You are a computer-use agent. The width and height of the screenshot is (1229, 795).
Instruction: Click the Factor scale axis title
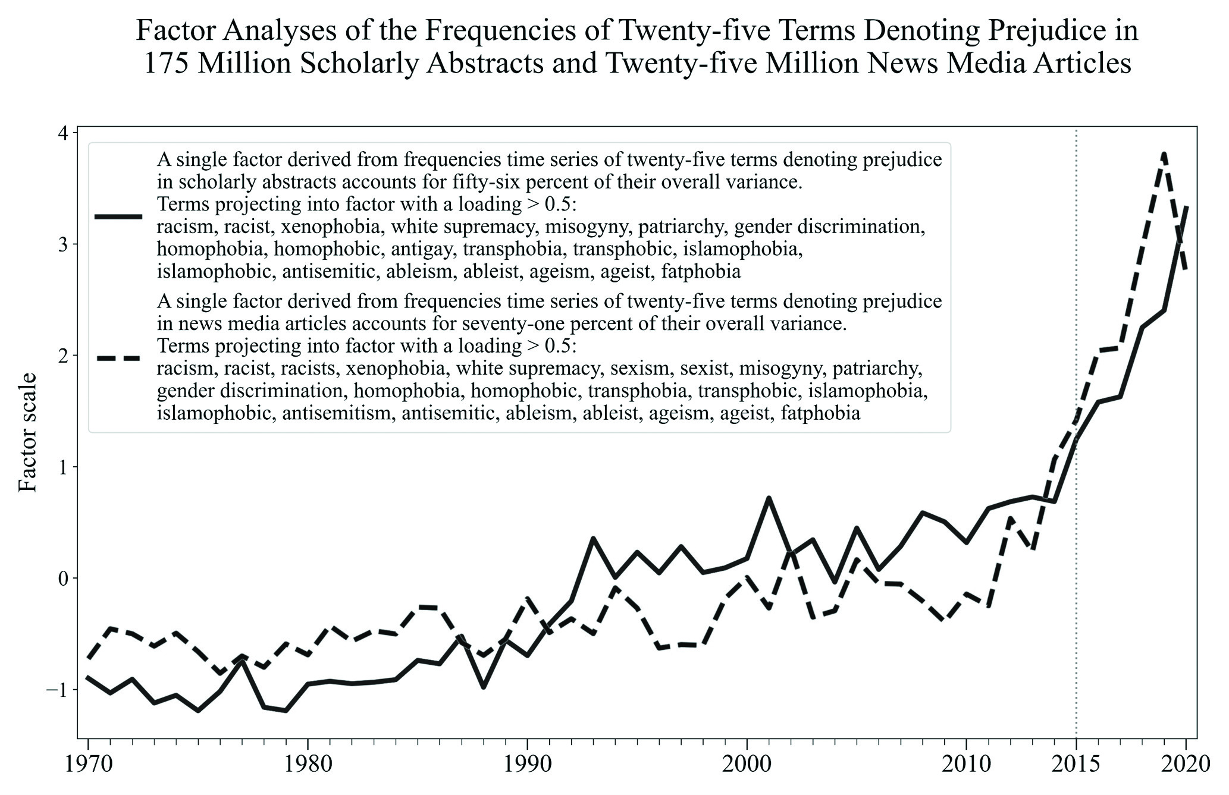coord(28,432)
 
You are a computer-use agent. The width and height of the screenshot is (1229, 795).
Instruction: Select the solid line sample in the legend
coord(119,217)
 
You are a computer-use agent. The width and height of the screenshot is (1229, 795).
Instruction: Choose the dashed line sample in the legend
coord(119,358)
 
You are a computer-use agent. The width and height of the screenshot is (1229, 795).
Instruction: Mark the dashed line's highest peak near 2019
coord(1164,154)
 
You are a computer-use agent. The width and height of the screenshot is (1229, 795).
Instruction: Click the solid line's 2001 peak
coord(769,498)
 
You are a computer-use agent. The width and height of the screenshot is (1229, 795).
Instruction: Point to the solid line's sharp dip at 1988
coord(483,687)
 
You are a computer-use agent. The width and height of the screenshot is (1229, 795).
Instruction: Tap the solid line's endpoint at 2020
coord(1186,207)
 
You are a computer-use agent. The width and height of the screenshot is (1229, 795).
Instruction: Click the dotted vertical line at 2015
coord(1076,535)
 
